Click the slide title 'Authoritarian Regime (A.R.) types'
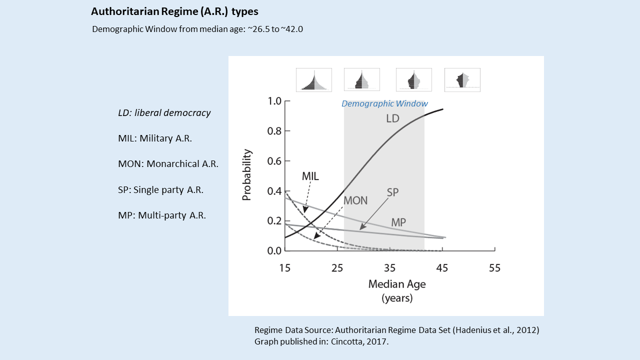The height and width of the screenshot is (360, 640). click(174, 11)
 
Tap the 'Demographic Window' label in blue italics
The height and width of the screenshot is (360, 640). click(384, 104)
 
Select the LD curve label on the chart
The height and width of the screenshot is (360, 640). click(392, 119)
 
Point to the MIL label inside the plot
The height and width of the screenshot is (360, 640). click(310, 176)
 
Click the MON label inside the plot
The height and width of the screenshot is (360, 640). click(355, 201)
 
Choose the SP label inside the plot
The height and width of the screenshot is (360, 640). click(392, 192)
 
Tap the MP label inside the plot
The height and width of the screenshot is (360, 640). click(398, 222)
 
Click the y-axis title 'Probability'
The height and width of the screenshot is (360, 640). click(246, 175)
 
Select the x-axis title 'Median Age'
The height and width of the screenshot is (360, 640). click(397, 284)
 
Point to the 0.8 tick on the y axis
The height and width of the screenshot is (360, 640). click(274, 131)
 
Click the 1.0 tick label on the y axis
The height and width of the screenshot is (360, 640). click(274, 101)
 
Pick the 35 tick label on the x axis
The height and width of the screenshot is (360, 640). click(390, 268)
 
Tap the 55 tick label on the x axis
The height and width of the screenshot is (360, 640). click(494, 268)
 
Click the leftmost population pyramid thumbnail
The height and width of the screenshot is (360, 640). click(314, 80)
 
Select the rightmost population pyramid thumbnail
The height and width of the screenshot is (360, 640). click(462, 80)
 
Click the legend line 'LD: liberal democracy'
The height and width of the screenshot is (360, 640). click(164, 113)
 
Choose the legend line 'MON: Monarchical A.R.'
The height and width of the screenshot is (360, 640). click(168, 164)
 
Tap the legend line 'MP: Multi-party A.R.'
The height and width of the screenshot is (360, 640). click(162, 216)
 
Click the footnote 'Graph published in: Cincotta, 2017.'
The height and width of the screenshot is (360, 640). click(320, 342)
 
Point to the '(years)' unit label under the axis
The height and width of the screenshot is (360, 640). click(397, 298)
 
